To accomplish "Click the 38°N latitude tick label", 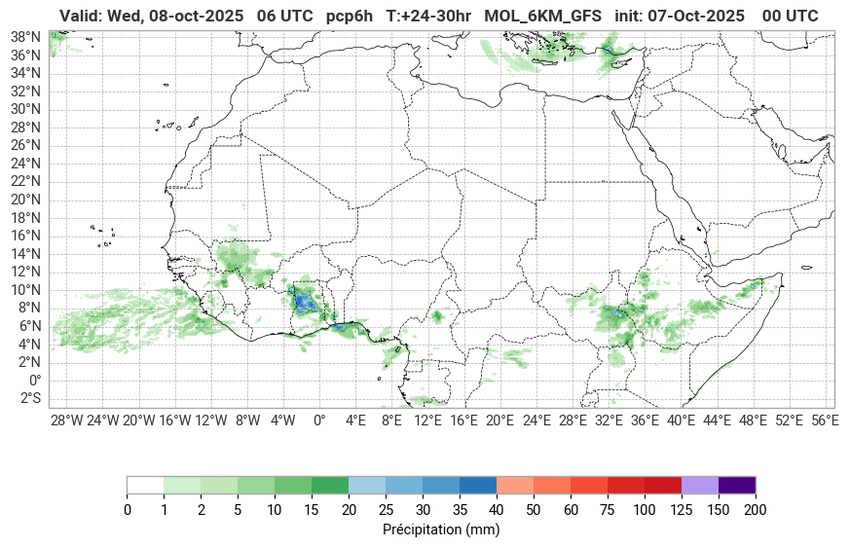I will (25, 36).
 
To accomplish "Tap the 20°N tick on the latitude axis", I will (25, 199).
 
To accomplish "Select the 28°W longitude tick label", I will (66, 420).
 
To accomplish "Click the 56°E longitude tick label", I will (825, 420).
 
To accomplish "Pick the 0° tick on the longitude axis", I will (318, 420).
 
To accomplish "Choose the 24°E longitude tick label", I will (536, 420).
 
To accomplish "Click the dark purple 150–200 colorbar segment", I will (737, 485).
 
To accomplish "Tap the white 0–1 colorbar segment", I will (145, 485).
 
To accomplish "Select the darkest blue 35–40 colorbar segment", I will (478, 485).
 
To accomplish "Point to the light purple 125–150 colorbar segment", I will (700, 485).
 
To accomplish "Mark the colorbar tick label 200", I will (756, 509).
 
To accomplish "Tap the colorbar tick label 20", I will (349, 509).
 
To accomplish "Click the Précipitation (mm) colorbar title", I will (441, 530).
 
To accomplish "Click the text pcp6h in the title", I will (349, 16).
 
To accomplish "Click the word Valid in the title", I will (80, 16).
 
